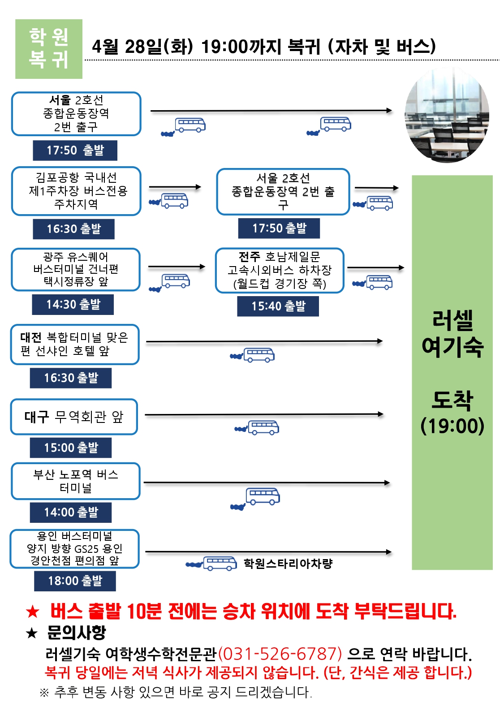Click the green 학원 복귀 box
(x=48, y=49)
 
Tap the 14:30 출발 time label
(x=73, y=305)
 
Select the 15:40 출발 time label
(x=278, y=306)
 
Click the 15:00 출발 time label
(x=71, y=448)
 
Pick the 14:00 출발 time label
(x=71, y=512)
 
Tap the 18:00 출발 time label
(x=75, y=581)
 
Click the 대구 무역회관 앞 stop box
(x=74, y=417)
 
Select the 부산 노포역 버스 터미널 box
(x=76, y=481)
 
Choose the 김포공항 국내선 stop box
(x=76, y=191)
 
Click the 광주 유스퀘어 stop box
(x=76, y=269)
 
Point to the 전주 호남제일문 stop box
(x=280, y=270)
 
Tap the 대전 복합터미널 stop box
(x=75, y=344)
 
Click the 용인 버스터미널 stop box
(x=75, y=549)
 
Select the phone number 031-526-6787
(x=280, y=654)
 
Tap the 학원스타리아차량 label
(x=288, y=564)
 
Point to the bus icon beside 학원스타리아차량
(x=220, y=563)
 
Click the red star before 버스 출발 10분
(x=32, y=611)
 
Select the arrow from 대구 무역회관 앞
(x=264, y=414)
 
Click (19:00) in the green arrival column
(x=452, y=426)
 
